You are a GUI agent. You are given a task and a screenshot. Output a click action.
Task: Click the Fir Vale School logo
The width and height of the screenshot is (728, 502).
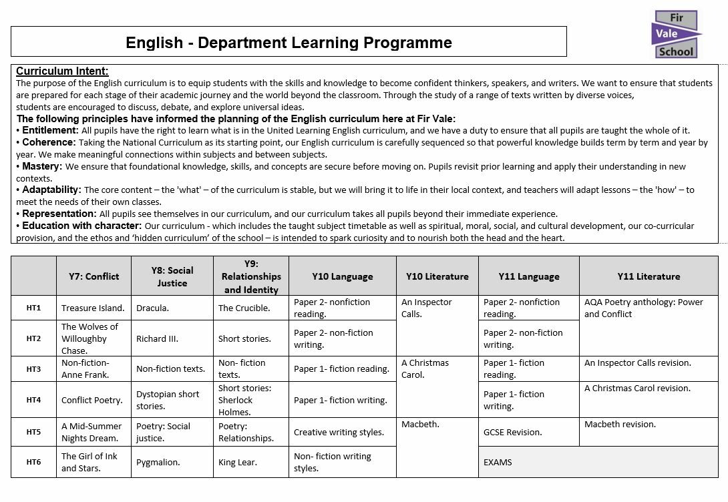[677, 34]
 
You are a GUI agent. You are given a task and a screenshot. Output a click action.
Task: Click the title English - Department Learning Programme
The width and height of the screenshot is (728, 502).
[289, 43]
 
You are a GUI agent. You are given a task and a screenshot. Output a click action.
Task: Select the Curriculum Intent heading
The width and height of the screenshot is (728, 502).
[62, 71]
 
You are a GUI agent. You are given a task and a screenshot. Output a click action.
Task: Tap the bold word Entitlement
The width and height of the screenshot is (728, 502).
[50, 130]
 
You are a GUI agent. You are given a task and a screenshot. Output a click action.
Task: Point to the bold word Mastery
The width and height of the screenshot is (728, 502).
[42, 166]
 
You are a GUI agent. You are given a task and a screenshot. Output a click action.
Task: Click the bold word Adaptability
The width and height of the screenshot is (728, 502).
[51, 190]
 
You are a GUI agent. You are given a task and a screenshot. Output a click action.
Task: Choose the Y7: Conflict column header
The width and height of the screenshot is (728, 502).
[94, 276]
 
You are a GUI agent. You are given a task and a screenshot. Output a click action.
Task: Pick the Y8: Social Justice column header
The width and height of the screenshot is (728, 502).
[171, 276]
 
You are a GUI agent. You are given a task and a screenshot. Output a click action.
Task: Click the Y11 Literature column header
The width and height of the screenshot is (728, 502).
[648, 276]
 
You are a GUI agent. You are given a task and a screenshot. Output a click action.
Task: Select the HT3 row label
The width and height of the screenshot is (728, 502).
[33, 368]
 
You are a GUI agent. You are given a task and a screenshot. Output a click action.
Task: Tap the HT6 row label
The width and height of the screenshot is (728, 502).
[33, 462]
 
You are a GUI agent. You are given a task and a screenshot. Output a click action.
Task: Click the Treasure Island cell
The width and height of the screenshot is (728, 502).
[93, 308]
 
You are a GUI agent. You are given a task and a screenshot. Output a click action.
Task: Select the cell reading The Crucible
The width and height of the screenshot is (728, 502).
[244, 308]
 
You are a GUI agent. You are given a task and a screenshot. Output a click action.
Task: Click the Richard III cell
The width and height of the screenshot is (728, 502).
[157, 338]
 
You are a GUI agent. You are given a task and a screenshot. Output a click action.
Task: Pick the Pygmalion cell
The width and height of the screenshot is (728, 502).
[158, 462]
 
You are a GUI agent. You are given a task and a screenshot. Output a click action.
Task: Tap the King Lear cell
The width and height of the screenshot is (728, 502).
[237, 462]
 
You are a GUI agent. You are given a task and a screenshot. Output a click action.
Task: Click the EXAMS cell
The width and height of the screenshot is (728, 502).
[498, 462]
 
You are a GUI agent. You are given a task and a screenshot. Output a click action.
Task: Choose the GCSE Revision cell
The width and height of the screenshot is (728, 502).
[512, 432]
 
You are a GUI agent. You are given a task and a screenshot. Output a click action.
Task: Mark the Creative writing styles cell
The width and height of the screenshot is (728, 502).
[339, 432]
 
